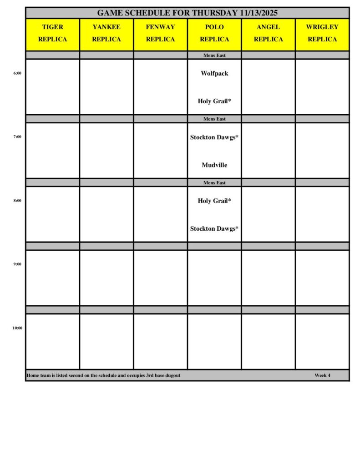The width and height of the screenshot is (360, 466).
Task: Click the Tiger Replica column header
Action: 52,33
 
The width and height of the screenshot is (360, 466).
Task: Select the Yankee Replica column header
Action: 106,33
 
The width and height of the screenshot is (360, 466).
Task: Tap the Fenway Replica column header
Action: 160,33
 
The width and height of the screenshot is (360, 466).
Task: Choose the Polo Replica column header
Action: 214,33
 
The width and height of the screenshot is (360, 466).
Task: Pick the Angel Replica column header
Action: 268,33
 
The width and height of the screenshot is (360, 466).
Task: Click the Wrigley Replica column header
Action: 322,33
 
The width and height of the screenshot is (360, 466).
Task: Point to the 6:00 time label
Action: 17,73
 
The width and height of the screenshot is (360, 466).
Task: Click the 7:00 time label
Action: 17,137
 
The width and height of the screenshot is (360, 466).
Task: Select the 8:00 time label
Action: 17,200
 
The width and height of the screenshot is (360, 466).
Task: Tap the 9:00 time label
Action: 17,264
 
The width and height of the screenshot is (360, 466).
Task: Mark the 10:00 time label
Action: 17,328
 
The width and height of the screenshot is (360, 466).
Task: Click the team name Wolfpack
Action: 214,73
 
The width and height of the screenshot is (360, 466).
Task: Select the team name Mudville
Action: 214,165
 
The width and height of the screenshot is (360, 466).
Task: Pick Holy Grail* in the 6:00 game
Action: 214,101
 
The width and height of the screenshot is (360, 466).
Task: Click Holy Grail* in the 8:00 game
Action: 214,201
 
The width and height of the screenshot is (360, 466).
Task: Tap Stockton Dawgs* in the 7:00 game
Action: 214,137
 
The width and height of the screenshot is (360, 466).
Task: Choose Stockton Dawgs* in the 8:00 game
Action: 214,229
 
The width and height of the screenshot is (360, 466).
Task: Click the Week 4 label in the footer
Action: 322,375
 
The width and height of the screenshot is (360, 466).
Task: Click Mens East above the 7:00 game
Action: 214,119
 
